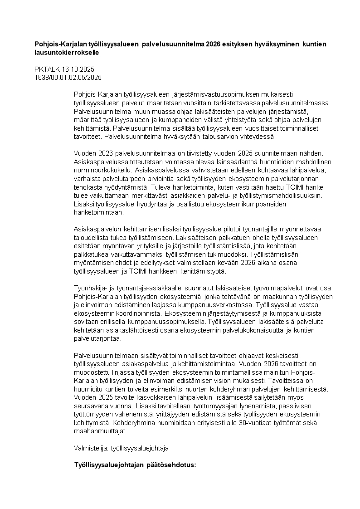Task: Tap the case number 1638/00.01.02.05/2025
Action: coord(68,77)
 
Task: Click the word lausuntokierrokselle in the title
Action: coord(67,53)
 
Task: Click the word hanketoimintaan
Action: coord(98,212)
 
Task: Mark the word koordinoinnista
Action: coord(134,313)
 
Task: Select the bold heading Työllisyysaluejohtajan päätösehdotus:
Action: coord(135,465)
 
